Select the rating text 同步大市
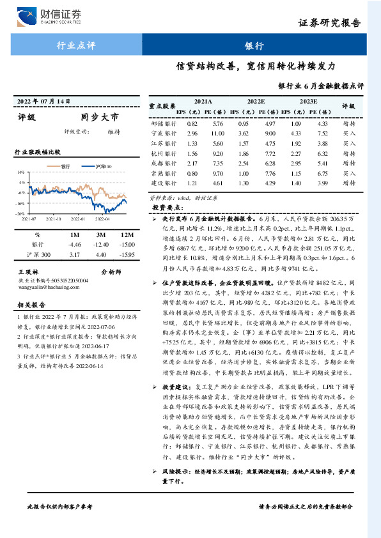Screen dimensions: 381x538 (x=100, y=118)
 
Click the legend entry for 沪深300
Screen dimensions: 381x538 (x=100, y=166)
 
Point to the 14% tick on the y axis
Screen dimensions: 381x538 (x=21, y=173)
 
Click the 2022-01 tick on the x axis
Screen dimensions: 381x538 (x=78, y=218)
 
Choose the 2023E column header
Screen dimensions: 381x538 (x=308, y=101)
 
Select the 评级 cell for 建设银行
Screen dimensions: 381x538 (x=348, y=183)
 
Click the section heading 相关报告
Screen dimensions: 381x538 (x=29, y=305)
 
